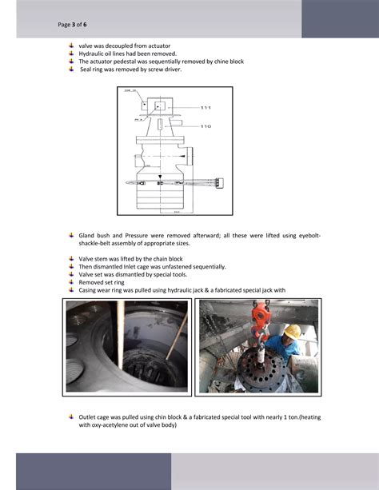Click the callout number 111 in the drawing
coord(205,107)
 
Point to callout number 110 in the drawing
coord(205,126)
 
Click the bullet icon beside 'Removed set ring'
coord(71,281)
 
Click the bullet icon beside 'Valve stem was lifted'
coord(71,258)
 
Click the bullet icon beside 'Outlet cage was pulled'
coord(71,416)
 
